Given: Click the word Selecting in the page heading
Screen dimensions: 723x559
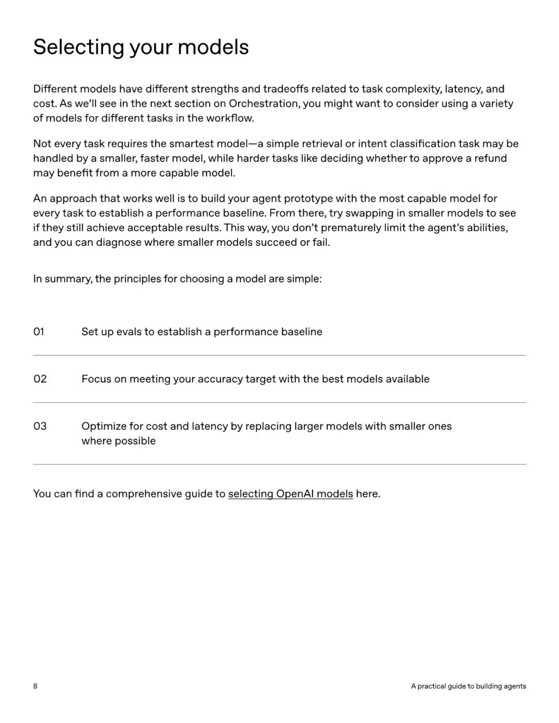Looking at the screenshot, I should pyautogui.click(x=78, y=47).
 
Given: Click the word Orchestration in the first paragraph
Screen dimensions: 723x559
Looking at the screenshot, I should pyautogui.click(x=263, y=104).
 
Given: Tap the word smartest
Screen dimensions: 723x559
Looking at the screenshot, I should pyautogui.click(x=191, y=144).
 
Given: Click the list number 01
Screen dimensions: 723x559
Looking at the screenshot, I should pyautogui.click(x=39, y=332).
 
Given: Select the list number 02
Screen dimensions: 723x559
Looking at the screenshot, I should pyautogui.click(x=40, y=379).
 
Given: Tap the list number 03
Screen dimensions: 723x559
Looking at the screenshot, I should pyautogui.click(x=40, y=426).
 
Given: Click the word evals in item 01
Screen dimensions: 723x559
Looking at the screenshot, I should pyautogui.click(x=128, y=332).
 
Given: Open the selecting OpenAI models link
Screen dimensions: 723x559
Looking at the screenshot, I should pyautogui.click(x=290, y=494).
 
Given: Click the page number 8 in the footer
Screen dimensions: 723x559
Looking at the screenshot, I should pyautogui.click(x=35, y=686).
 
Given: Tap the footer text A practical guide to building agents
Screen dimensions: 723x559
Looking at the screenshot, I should pyautogui.click(x=468, y=686).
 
